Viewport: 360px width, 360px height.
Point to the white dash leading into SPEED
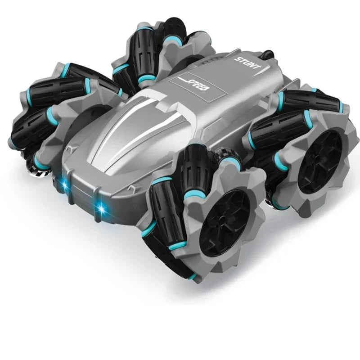click(x=179, y=79)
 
